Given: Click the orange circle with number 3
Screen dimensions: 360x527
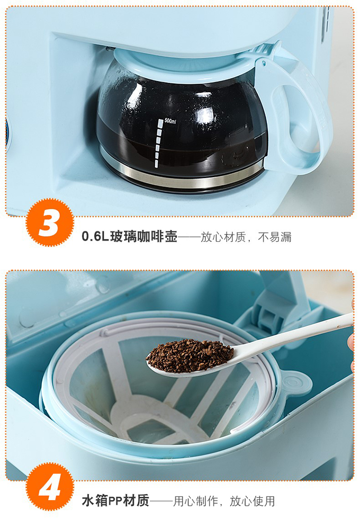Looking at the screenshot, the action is click(x=50, y=223).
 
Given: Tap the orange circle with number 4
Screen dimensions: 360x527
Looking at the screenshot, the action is click(x=50, y=487).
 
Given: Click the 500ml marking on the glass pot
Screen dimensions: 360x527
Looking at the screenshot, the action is click(x=170, y=121).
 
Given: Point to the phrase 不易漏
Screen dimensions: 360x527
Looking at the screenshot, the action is click(x=275, y=237).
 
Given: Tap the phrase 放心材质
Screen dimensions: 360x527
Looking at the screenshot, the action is click(x=223, y=237).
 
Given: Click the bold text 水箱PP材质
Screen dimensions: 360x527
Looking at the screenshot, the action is click(x=115, y=501).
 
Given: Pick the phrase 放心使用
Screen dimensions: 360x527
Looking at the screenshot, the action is click(x=252, y=501).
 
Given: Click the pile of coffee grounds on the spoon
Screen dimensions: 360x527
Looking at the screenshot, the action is click(x=190, y=355).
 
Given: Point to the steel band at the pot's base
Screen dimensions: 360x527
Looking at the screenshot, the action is click(x=181, y=174).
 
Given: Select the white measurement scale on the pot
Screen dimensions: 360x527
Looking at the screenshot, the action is click(x=159, y=143).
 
